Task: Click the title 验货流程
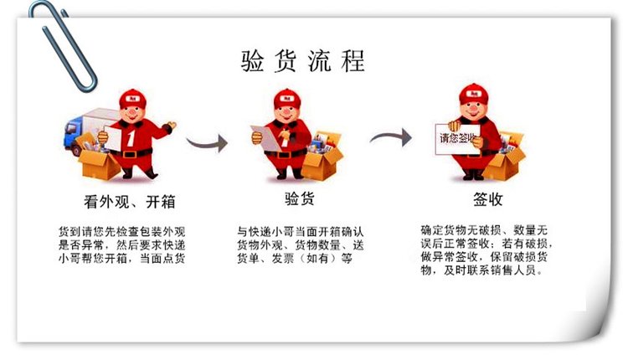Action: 303,61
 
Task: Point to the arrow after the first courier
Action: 207,142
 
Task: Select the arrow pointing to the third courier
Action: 391,137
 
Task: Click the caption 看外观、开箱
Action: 130,202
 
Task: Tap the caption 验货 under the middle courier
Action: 299,198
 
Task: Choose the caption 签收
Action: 487,199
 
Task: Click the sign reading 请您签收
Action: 457,139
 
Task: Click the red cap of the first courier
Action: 132,99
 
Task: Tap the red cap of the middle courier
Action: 287,99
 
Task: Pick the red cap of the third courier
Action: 475,94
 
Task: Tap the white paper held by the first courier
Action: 112,138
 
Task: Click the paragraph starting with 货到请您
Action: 122,245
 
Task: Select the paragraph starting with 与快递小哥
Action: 301,245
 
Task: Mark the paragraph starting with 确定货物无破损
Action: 486,249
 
